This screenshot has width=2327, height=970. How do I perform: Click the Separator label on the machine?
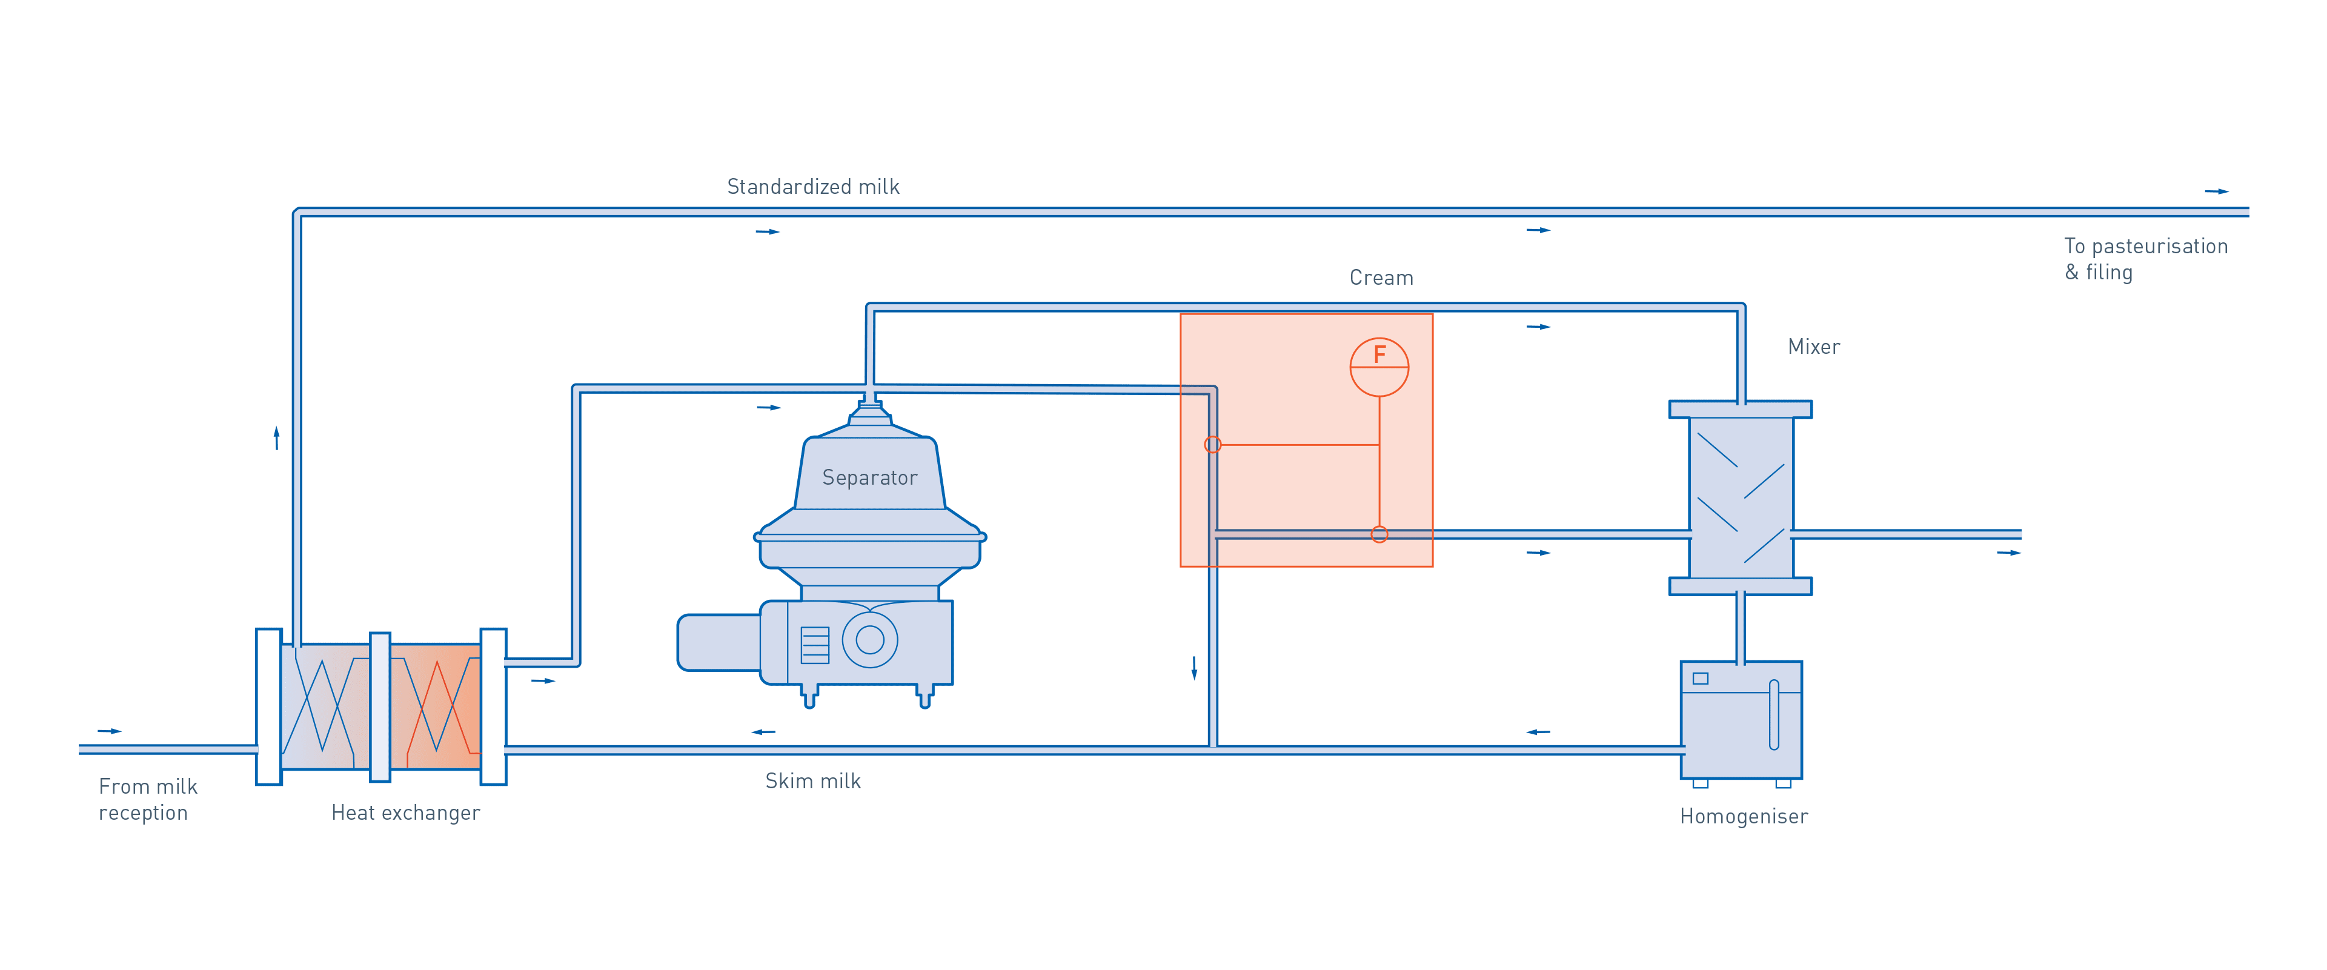pos(869,478)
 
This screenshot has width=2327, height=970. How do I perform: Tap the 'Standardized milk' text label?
pos(813,187)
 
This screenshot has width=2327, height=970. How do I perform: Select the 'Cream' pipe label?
pos(1381,278)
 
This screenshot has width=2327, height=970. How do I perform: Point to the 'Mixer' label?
pos(1813,347)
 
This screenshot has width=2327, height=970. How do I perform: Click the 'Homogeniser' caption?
pos(1744,817)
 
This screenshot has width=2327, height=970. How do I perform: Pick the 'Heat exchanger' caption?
pos(405,813)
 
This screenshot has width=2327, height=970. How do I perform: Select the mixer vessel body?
pos(1741,497)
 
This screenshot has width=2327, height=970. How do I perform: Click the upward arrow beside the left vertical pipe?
pos(276,438)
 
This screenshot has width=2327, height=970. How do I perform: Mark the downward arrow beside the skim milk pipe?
pos(1194,668)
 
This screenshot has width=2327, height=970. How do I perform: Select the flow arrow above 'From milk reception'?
pos(109,731)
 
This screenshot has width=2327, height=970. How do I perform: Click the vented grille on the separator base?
pos(815,645)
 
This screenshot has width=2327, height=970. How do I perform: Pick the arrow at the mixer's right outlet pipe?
pos(2008,553)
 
